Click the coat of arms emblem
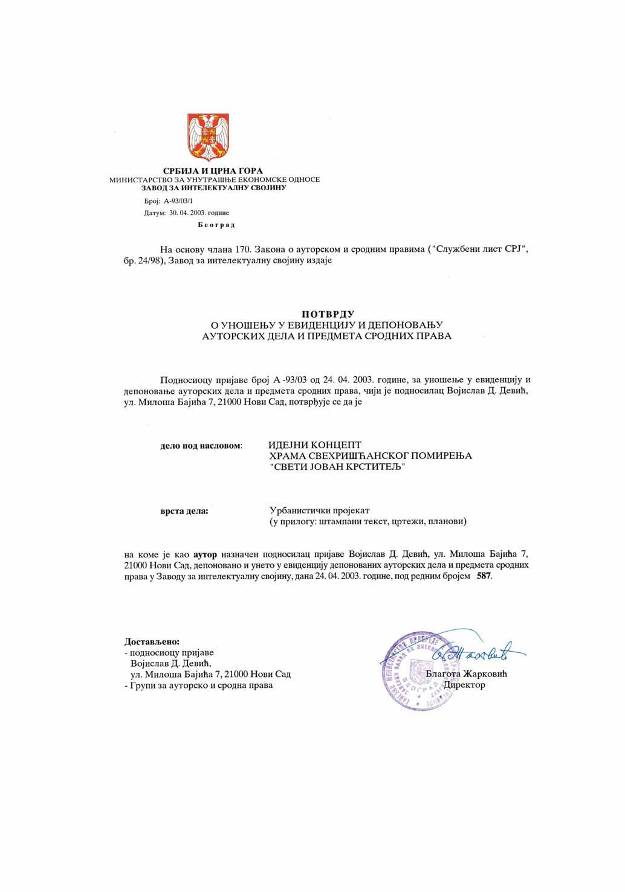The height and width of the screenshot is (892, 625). tap(208, 137)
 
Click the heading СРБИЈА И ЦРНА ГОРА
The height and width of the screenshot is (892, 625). tap(213, 171)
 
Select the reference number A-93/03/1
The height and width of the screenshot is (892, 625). tap(178, 201)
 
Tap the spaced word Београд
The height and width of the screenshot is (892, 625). tap(216, 225)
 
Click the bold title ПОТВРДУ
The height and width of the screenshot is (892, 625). tap(328, 314)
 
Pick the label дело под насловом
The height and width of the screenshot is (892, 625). tap(201, 446)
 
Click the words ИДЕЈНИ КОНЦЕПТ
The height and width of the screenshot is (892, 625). tap(315, 445)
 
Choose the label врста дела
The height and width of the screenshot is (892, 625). tap(184, 511)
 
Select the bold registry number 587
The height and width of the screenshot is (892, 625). tap(484, 576)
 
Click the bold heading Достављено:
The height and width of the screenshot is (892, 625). tap(152, 642)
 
